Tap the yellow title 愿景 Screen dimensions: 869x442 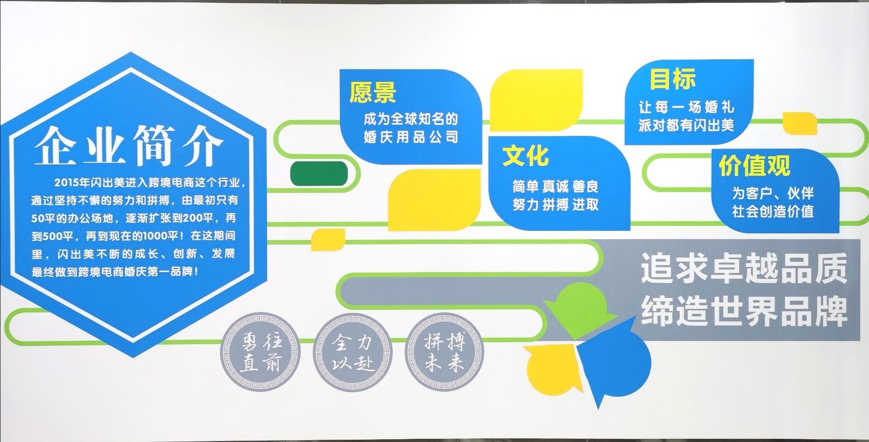(373, 92)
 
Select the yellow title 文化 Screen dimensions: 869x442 (526, 156)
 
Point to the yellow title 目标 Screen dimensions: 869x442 (673, 78)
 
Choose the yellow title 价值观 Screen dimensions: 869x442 (755, 166)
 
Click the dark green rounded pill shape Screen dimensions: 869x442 (319, 173)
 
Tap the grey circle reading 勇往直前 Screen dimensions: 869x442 (260, 352)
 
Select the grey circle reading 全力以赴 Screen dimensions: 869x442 (352, 352)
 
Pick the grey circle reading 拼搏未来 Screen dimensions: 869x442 (444, 352)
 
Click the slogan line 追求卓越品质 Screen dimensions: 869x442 (744, 269)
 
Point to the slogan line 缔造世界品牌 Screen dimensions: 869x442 (744, 311)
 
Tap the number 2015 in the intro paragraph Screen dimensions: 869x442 (66, 182)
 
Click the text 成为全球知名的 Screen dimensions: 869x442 (411, 119)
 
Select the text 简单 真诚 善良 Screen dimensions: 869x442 (555, 187)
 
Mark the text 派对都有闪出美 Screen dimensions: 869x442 (686, 125)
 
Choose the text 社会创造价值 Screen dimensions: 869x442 (773, 212)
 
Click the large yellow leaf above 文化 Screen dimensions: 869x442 (537, 100)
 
